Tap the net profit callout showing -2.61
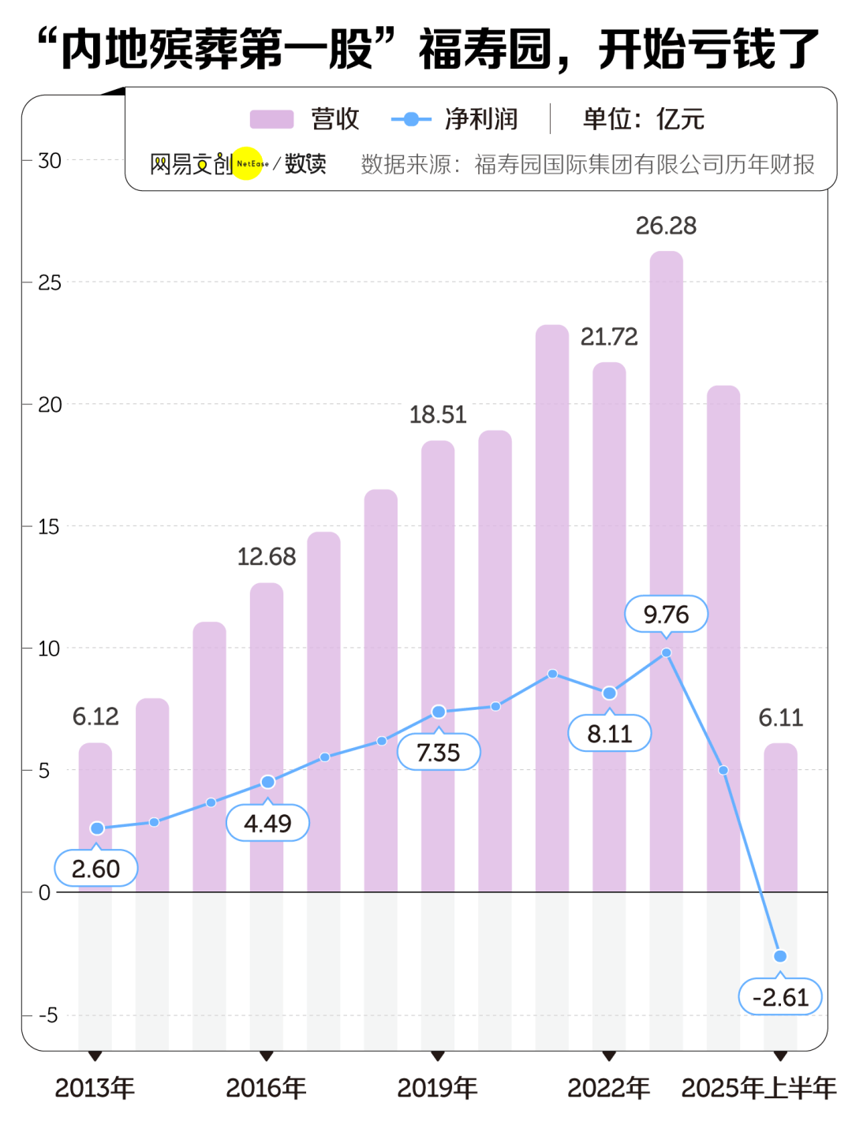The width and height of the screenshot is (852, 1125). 780,997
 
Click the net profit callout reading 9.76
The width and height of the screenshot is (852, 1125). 667,615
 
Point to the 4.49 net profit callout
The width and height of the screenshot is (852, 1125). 267,824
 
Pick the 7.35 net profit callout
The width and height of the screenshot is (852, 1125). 439,753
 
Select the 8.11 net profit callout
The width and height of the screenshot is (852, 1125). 610,734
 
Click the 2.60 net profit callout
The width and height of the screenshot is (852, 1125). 96,869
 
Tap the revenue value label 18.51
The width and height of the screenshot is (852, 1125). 438,415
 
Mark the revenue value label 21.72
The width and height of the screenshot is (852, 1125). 609,337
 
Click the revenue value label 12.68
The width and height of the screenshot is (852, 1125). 267,557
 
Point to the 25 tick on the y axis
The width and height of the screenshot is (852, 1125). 50,282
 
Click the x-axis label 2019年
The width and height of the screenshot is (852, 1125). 438,1089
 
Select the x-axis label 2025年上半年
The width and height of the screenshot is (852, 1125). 759,1089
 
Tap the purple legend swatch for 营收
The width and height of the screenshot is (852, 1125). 271,119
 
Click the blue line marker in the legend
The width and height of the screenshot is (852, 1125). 411,119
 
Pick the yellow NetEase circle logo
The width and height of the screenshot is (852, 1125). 248,163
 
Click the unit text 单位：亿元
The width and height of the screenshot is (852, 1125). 643,119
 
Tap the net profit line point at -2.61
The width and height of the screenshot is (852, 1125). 780,956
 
